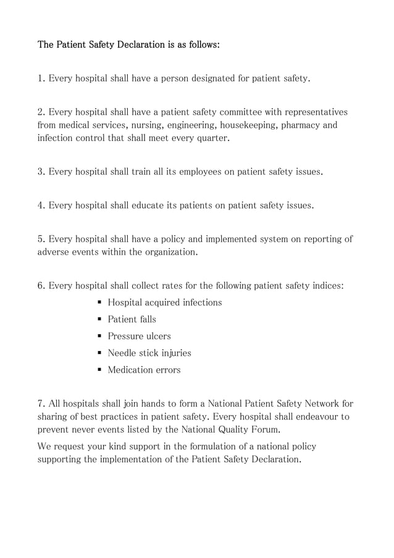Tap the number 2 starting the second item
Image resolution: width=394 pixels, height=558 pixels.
pos(41,112)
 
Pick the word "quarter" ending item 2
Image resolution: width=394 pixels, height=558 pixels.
pos(213,138)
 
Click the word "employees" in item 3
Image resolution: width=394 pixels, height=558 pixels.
pos(200,172)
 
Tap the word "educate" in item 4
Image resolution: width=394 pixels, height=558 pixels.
pos(147,205)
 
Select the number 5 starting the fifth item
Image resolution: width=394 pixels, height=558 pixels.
pos(41,239)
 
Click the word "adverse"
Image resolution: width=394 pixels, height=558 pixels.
pos(54,252)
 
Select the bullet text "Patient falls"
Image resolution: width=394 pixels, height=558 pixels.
pos(132,319)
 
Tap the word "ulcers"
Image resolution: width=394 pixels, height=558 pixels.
pos(157,336)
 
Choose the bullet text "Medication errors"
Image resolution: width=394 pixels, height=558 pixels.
pos(144,370)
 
